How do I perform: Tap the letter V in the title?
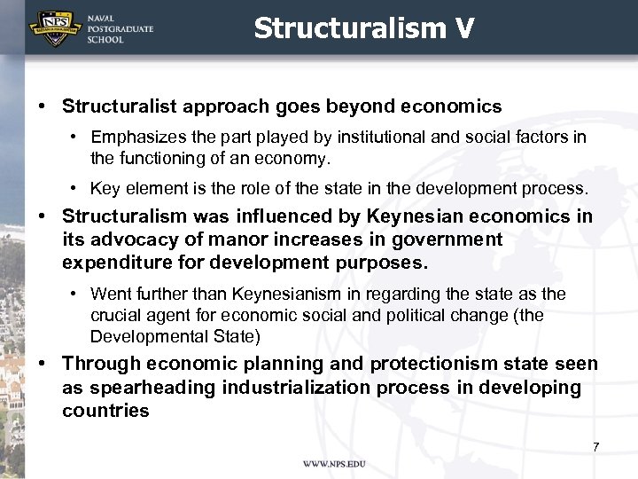click(x=465, y=28)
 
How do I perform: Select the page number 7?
click(x=596, y=446)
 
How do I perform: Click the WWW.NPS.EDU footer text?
click(x=333, y=464)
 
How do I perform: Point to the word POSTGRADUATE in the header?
click(x=120, y=29)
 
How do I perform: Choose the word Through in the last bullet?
click(x=101, y=364)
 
